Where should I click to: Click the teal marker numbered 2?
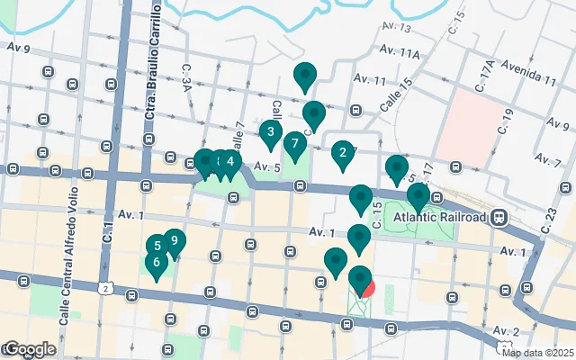pyautogui.click(x=342, y=154)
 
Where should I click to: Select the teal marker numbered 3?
pyautogui.click(x=270, y=134)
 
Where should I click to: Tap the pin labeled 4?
pyautogui.click(x=230, y=163)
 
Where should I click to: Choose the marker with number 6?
pyautogui.click(x=157, y=264)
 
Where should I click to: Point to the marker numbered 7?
pyautogui.click(x=294, y=145)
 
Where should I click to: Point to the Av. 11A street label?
pyautogui.click(x=400, y=54)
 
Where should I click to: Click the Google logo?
pyautogui.click(x=29, y=348)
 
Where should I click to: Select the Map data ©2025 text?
pyautogui.click(x=538, y=353)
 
